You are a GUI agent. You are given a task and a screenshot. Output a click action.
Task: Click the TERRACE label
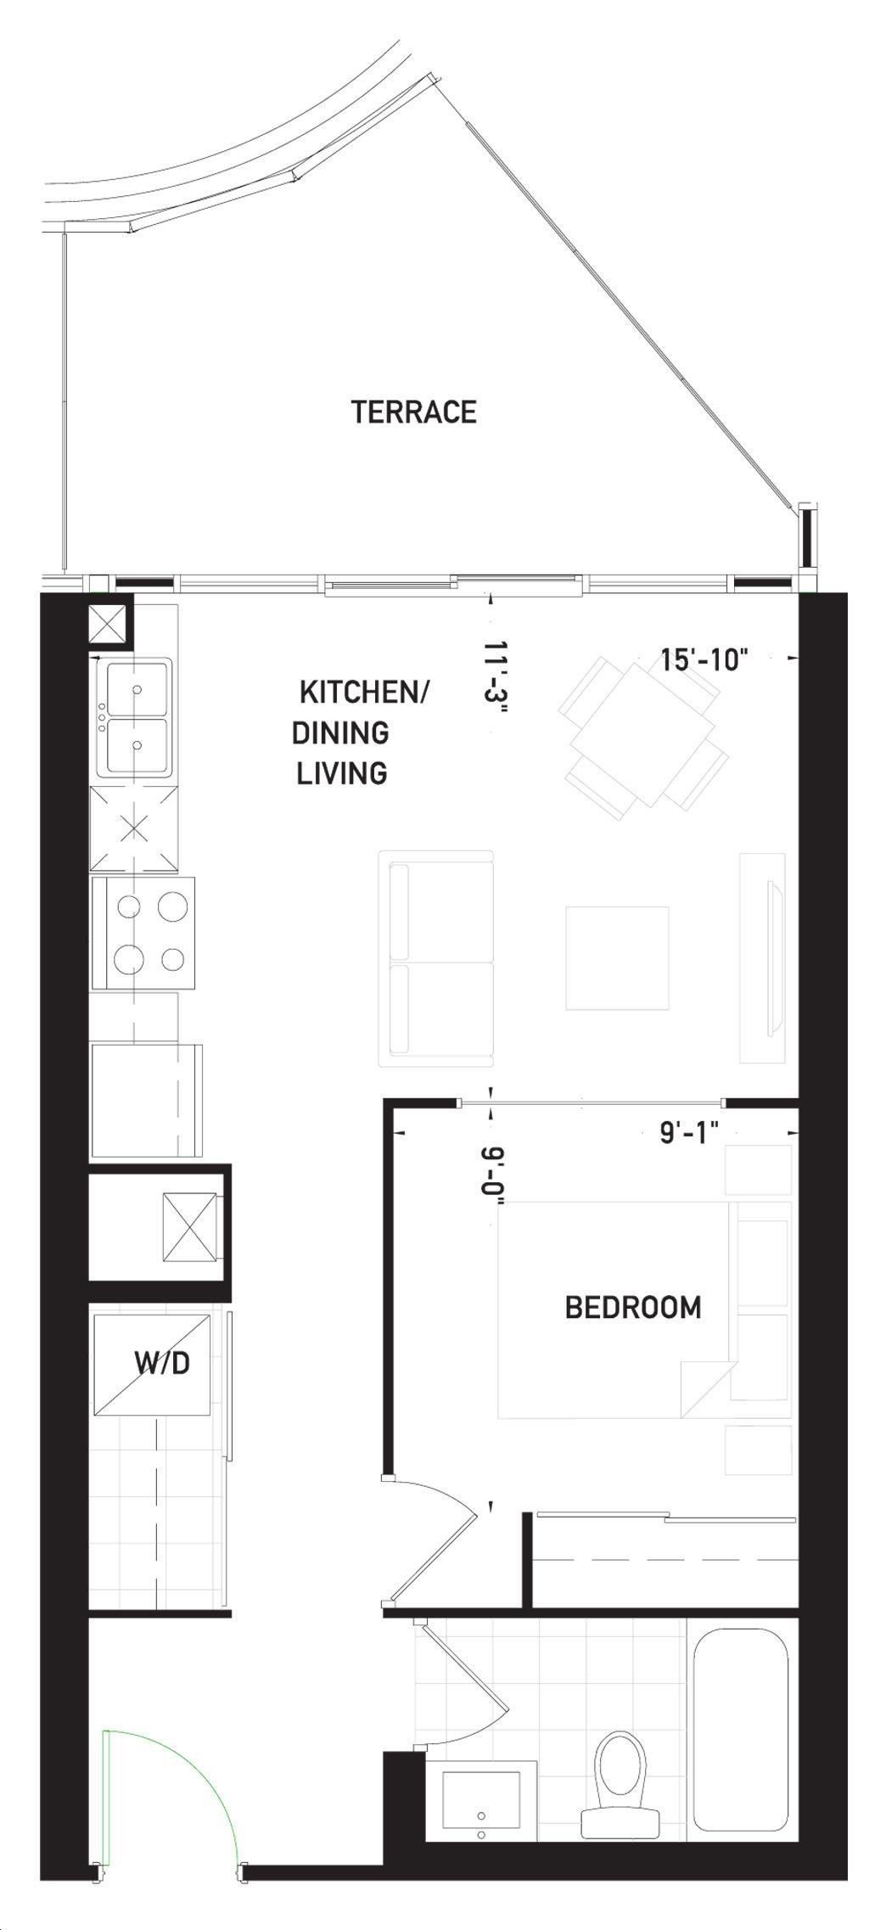pos(414,412)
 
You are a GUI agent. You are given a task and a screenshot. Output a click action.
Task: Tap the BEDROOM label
pos(633,1307)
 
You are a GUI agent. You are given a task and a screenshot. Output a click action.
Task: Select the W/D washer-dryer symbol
pos(152,1365)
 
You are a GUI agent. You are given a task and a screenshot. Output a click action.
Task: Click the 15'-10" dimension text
pos(705,659)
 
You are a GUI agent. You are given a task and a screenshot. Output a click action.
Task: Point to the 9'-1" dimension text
pos(690,1132)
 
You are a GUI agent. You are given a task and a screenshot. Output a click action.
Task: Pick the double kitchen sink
pos(134,717)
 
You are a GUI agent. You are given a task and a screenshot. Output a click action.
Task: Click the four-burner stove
pos(144,933)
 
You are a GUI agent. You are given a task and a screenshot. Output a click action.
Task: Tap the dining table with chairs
pos(643,735)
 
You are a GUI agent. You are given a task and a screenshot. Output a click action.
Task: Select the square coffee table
pos(618,958)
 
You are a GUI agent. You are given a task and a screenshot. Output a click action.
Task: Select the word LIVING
pos(342,773)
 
